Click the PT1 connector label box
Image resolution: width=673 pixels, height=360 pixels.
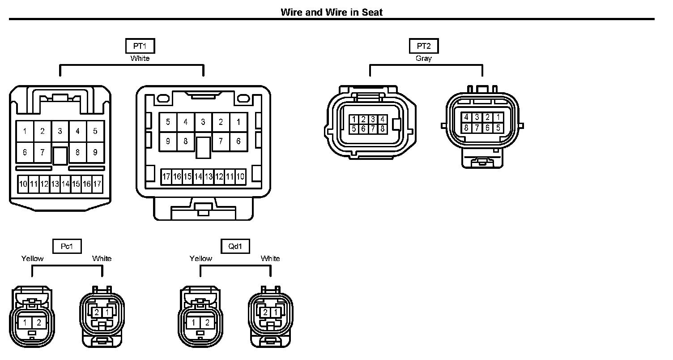click(x=140, y=46)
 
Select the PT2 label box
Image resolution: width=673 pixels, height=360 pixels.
click(x=424, y=46)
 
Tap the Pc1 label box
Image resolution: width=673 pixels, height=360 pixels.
click(x=67, y=246)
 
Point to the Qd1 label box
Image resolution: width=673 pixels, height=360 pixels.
click(x=235, y=246)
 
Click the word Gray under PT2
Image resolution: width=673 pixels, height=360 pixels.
click(x=424, y=58)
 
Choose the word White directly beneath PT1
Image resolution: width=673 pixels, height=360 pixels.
click(x=140, y=58)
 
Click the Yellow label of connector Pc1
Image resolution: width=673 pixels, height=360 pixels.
click(x=33, y=258)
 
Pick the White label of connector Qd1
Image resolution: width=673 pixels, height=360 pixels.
click(x=270, y=258)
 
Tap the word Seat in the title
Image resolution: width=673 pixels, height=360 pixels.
click(x=373, y=12)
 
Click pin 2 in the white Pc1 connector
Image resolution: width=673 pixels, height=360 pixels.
click(x=97, y=312)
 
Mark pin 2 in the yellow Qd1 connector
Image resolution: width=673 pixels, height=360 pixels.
click(x=207, y=322)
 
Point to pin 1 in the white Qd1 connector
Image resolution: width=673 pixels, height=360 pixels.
click(x=276, y=312)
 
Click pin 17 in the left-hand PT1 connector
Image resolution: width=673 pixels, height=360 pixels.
click(x=97, y=184)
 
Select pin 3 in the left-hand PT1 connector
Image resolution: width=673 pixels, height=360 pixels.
click(x=60, y=131)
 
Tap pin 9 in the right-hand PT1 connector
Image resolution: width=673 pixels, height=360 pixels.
click(x=168, y=141)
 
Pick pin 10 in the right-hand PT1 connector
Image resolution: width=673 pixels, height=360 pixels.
click(x=240, y=177)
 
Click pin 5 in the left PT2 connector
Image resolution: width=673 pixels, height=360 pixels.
click(x=354, y=129)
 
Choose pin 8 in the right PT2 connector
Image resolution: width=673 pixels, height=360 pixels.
click(x=466, y=128)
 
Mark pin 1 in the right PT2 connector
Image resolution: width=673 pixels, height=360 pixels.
click(x=498, y=117)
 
